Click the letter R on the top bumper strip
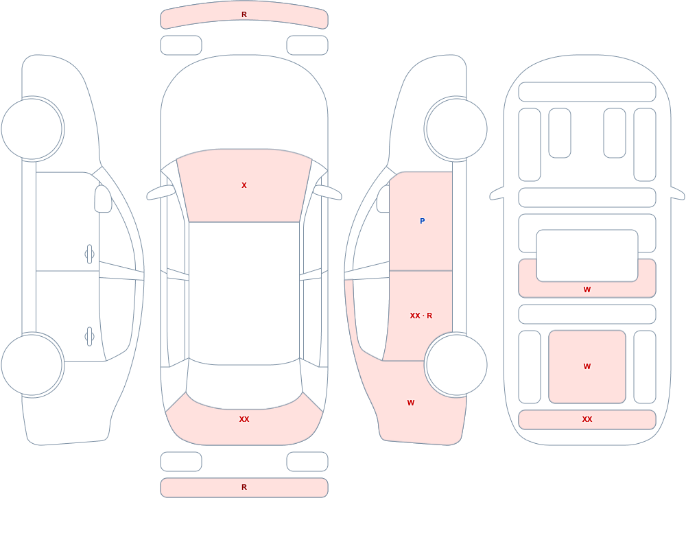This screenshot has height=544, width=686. [x=244, y=15]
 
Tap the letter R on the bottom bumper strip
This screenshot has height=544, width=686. [x=244, y=487]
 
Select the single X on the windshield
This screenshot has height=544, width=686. [x=244, y=186]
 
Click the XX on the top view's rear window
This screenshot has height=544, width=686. [x=244, y=419]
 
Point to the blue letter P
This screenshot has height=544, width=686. [x=422, y=221]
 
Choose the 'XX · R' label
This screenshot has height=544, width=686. [x=421, y=316]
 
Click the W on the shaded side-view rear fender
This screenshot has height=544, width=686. [x=411, y=403]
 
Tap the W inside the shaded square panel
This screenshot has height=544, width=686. [x=587, y=366]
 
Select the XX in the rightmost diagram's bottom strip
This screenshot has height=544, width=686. [x=587, y=419]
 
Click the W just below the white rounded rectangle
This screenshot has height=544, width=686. [x=587, y=289]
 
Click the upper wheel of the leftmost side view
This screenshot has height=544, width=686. [x=32, y=129]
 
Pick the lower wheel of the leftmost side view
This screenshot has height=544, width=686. [x=32, y=364]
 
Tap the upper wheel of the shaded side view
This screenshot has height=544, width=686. [x=456, y=129]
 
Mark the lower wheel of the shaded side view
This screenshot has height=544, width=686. [x=456, y=364]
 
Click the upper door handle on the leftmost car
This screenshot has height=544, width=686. [x=89, y=255]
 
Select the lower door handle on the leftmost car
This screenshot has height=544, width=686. [x=89, y=337]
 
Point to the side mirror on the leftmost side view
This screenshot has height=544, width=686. [x=103, y=199]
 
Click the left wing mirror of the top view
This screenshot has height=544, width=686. [x=161, y=192]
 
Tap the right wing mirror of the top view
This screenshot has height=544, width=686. [x=327, y=192]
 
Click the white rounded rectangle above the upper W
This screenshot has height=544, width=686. [x=587, y=256]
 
